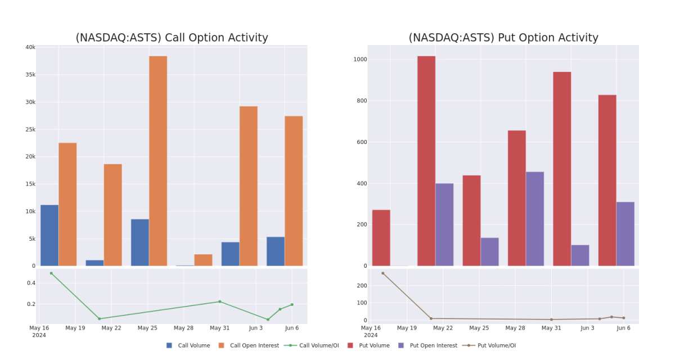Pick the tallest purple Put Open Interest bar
[x=534, y=219]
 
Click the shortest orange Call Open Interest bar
[x=203, y=260]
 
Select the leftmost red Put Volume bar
[x=381, y=237]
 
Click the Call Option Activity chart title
[x=172, y=38]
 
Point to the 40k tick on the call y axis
[x=30, y=47]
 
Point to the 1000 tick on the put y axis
[x=359, y=60]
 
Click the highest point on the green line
[x=51, y=273]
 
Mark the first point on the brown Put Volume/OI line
[x=383, y=273]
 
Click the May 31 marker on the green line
[x=220, y=301]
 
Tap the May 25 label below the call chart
[x=147, y=328]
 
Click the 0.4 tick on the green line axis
[x=30, y=283]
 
